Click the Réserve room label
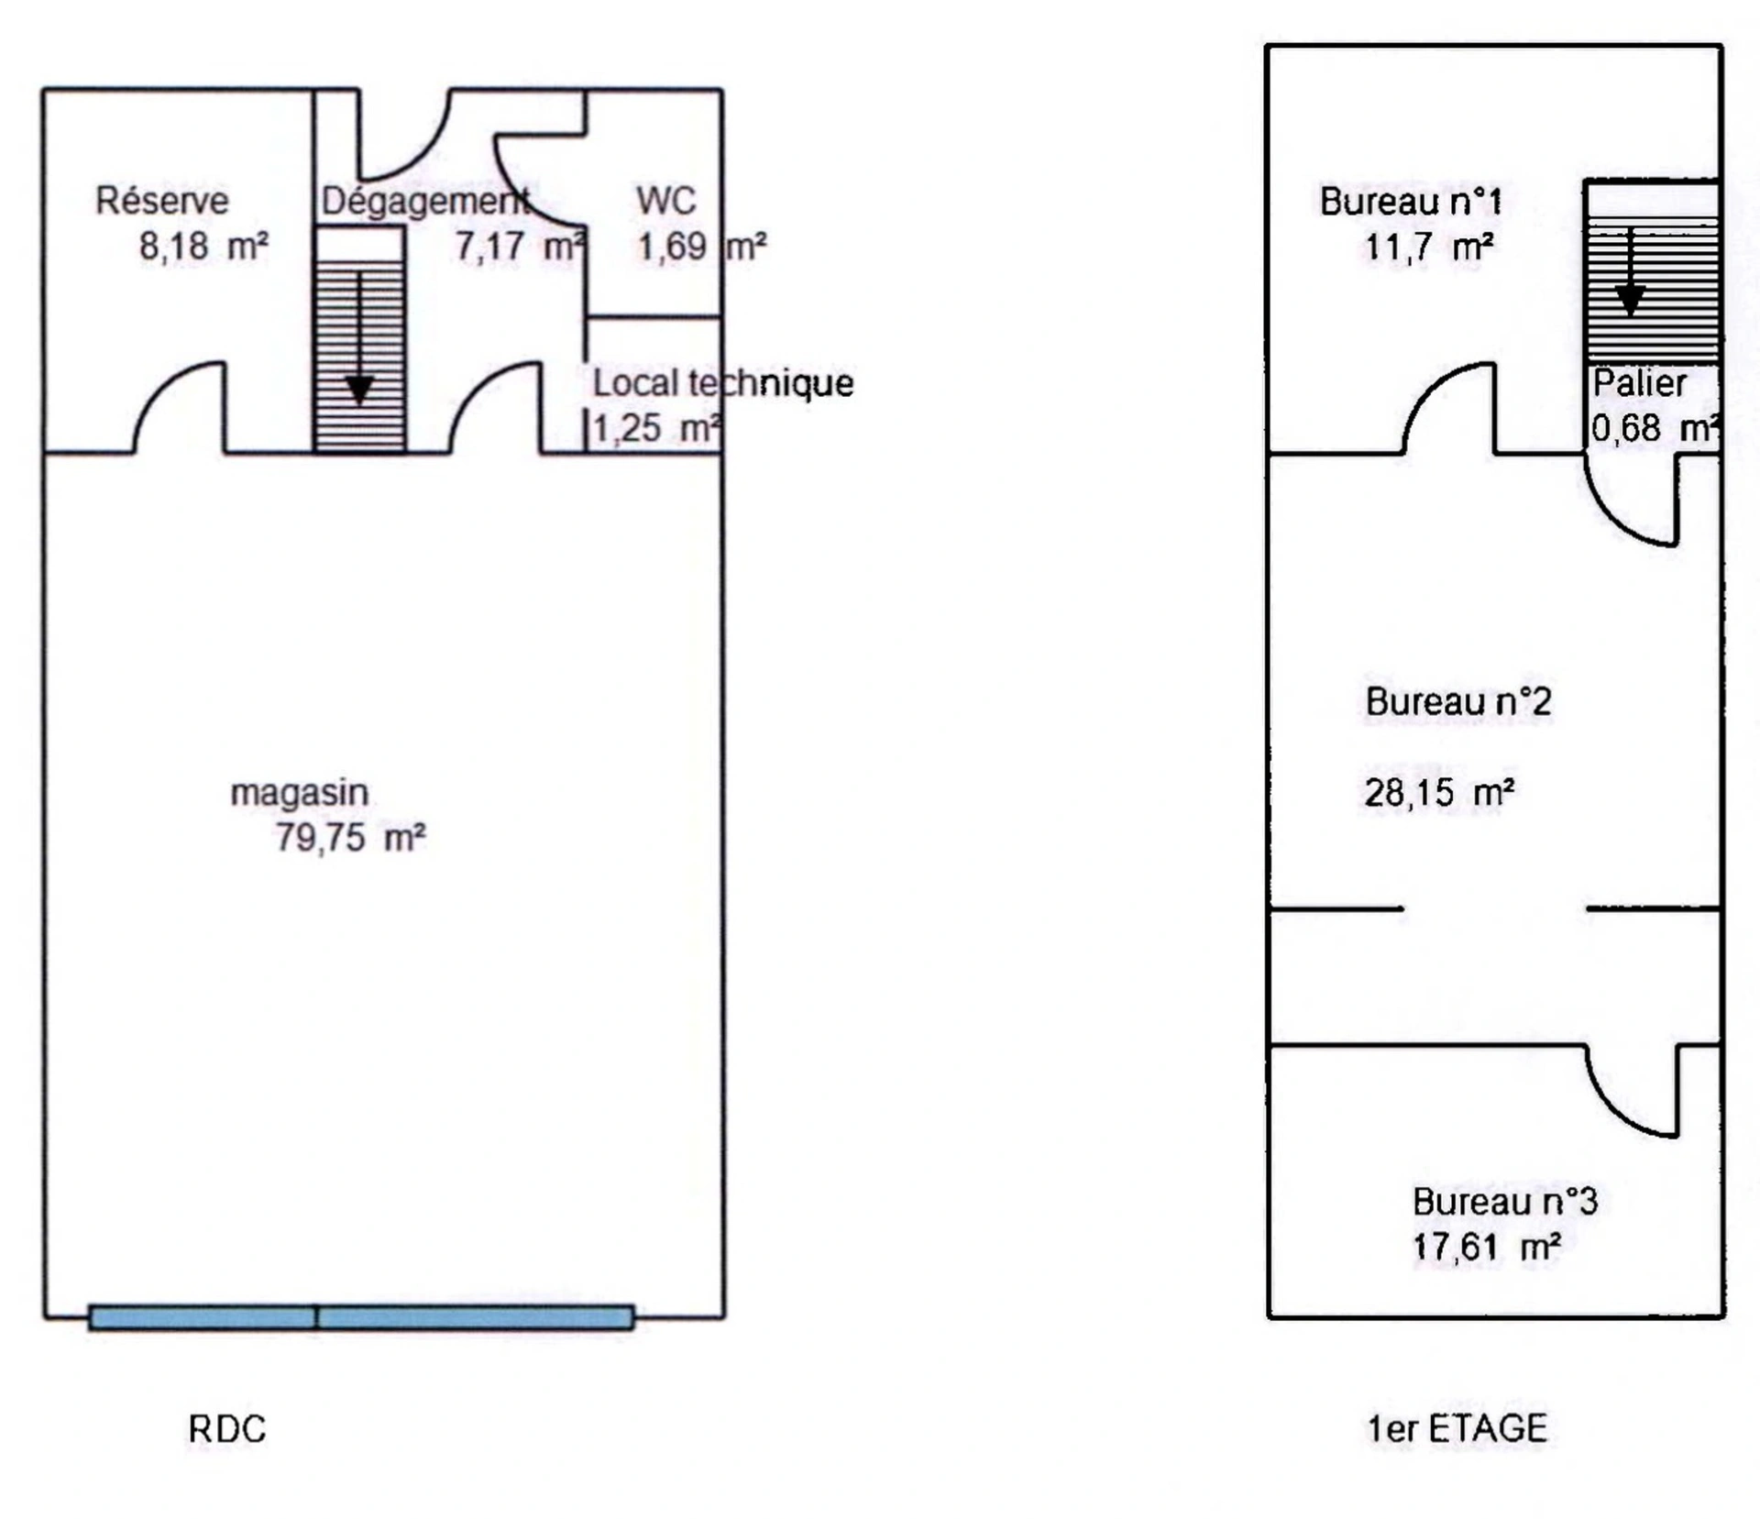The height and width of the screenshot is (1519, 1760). pos(162,201)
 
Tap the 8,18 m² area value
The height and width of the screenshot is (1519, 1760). pos(203,246)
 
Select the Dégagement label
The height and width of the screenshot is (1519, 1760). pos(425,201)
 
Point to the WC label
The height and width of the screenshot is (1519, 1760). pos(666,201)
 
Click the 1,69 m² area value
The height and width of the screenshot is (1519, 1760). pos(702,247)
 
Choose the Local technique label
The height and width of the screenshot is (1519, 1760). pos(723,383)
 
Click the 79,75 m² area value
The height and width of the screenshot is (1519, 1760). pos(350,838)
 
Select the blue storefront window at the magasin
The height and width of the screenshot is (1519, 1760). pos(361,1317)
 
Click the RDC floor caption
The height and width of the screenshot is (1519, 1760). pos(226,1429)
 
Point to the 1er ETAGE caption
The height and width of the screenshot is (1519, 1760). pos(1457,1428)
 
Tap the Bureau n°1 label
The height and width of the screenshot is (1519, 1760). pos(1411,202)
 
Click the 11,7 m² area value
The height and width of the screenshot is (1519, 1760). pos(1429,248)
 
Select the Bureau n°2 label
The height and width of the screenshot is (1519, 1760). pos(1458,702)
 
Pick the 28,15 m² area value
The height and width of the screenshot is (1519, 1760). pos(1439,793)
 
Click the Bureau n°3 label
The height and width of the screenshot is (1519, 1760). pos(1505,1202)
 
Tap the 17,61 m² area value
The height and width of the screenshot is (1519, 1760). pos(1486,1247)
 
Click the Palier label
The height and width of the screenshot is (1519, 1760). pos(1639,383)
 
